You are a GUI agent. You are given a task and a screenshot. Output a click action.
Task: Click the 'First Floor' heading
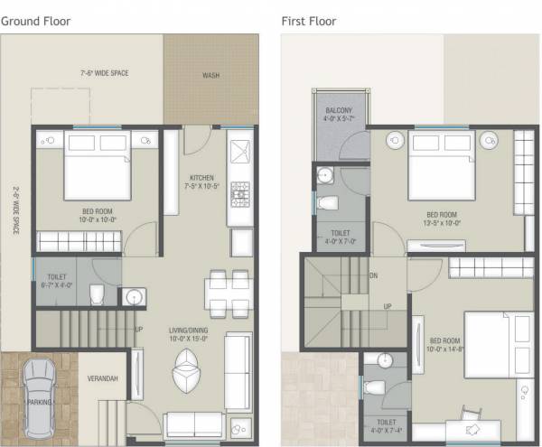tap(310, 19)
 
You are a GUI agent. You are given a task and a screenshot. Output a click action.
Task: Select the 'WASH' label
tap(210, 76)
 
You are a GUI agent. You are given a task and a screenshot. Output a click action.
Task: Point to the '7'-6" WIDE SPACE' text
tap(104, 71)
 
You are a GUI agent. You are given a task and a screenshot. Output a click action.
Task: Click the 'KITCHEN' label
tap(201, 177)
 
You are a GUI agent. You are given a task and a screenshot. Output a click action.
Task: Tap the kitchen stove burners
tap(241, 191)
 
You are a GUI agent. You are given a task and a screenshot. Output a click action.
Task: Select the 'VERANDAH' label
tap(102, 377)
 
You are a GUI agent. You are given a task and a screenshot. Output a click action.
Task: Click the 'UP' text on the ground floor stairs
tap(138, 330)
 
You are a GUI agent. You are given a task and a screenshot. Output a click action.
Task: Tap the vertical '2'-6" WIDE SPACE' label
tap(15, 211)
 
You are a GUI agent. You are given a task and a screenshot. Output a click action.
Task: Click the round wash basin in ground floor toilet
tap(134, 295)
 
